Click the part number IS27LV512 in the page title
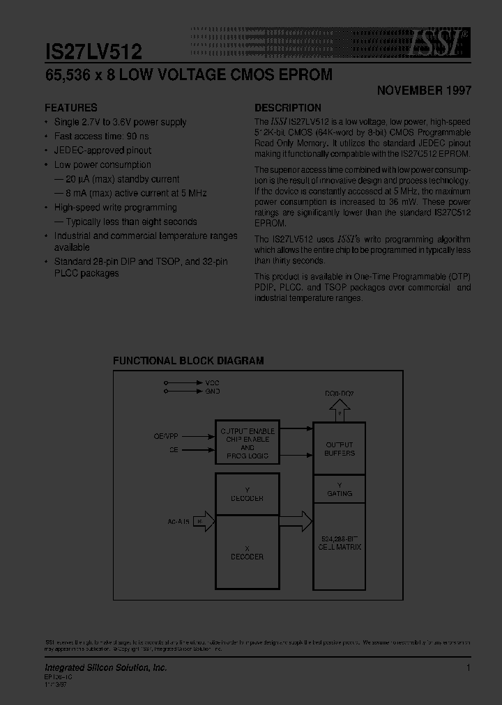coord(93,51)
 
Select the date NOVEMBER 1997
coord(424,91)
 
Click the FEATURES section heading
coord(71,108)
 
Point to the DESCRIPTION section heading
coord(288,108)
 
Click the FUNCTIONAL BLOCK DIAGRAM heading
coord(188,361)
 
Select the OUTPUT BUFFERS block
coord(340,449)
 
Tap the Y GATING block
coord(340,489)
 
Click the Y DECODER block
coord(248,494)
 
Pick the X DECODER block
coord(248,552)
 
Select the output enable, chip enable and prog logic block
coord(248,443)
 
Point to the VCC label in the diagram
coord(212,383)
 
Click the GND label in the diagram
coord(212,392)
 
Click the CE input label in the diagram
coord(172,451)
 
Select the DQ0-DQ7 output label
coord(339,394)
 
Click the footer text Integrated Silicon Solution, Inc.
coord(106,667)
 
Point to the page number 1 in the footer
coord(469,667)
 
